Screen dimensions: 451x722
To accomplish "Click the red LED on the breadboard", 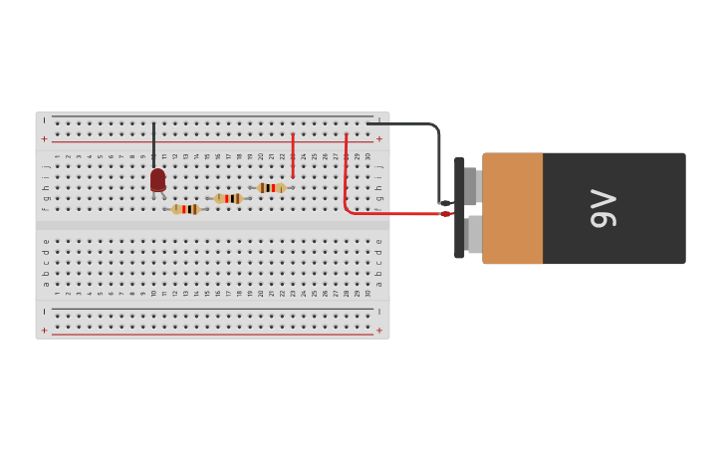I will (x=157, y=180).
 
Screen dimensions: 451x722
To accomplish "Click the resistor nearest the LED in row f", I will (x=185, y=209).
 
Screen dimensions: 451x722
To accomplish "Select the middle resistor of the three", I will (x=228, y=198).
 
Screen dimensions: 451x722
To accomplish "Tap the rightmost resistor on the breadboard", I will (x=271, y=187).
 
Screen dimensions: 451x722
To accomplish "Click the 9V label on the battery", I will (x=603, y=208).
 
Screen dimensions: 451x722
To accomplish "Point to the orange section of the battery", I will (x=513, y=208).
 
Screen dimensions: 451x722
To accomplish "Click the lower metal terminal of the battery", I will (x=474, y=234).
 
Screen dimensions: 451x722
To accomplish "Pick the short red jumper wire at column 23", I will (x=293, y=155).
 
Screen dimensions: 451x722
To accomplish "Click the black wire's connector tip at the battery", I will (x=445, y=203).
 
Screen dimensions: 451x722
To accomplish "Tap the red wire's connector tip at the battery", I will (x=445, y=213).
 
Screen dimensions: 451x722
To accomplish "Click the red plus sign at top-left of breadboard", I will (x=44, y=139).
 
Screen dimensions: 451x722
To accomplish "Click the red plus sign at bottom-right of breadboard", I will (x=378, y=331).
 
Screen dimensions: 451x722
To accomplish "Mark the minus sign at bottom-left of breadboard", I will (x=44, y=312).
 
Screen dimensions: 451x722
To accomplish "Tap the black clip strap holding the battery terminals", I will (x=459, y=208).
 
